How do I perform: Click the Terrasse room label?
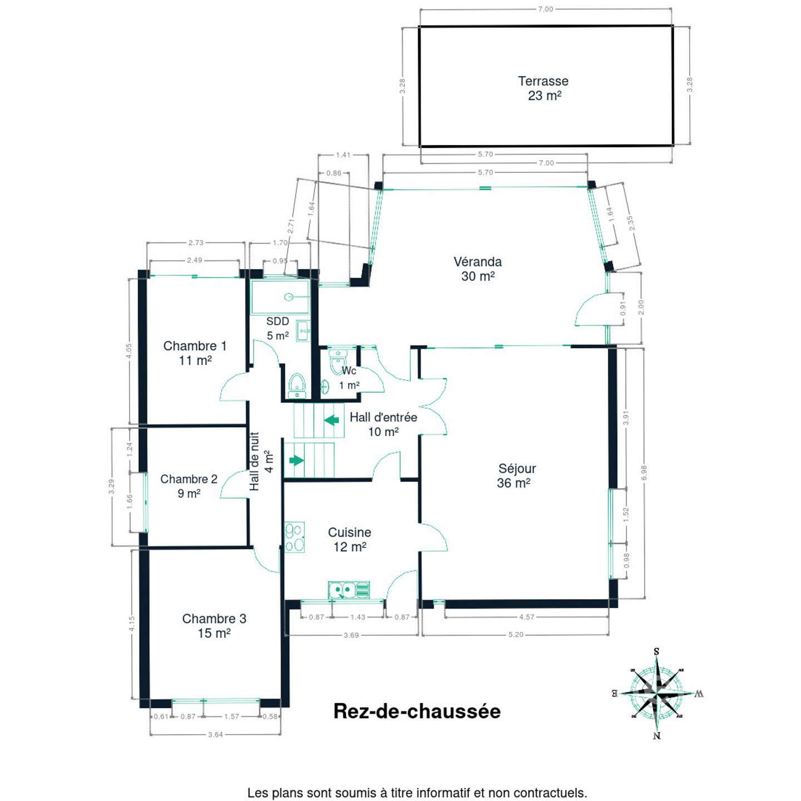click(x=543, y=88)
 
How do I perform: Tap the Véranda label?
click(x=478, y=269)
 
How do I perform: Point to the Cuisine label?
click(x=349, y=540)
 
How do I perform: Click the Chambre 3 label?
click(x=214, y=626)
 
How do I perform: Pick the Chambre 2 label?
click(x=189, y=486)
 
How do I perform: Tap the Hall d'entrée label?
click(x=383, y=424)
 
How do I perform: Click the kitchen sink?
click(x=349, y=590)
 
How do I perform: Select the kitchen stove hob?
click(x=295, y=537)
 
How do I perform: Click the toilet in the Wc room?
click(x=337, y=362)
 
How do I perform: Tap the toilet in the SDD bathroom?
click(x=297, y=385)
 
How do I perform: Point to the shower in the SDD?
click(x=280, y=297)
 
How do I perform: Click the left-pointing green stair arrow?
click(x=332, y=420)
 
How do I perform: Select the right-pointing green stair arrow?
click(x=296, y=460)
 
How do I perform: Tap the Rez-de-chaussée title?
click(x=417, y=711)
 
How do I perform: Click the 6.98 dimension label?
click(x=644, y=473)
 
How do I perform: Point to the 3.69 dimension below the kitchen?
click(x=351, y=635)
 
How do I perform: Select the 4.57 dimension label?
click(x=526, y=617)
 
